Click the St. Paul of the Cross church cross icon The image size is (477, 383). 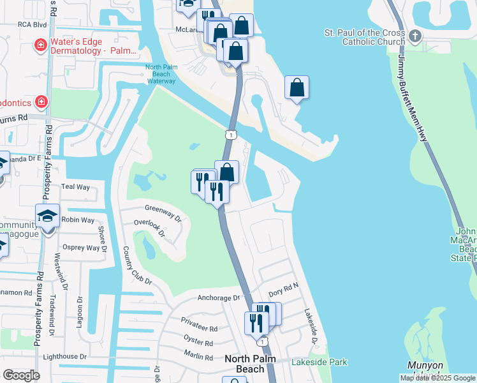point(416,35)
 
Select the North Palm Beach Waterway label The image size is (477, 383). point(160,73)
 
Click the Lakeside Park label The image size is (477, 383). point(319,362)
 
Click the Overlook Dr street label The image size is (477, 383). point(150,228)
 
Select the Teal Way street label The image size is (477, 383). point(75,186)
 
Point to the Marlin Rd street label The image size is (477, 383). point(198,357)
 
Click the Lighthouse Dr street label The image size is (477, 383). point(64,356)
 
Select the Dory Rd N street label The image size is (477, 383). point(284,290)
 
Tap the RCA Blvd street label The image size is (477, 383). point(33,24)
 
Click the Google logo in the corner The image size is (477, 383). point(21,375)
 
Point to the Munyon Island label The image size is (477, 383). point(425,370)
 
